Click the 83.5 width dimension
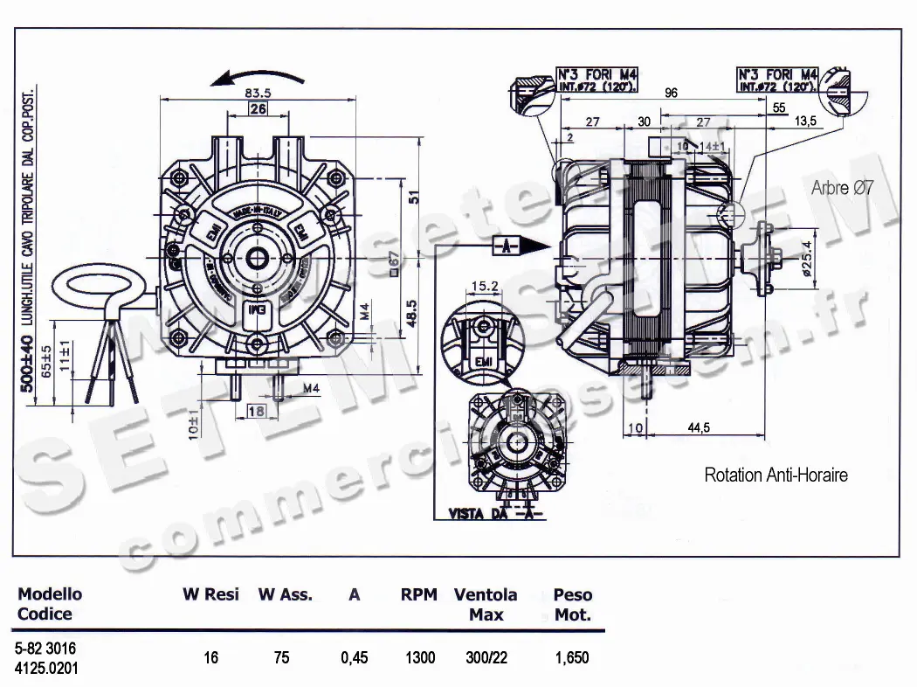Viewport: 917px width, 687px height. click(x=259, y=92)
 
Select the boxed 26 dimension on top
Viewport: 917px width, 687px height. click(x=258, y=109)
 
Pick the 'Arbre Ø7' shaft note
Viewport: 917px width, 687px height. click(x=842, y=187)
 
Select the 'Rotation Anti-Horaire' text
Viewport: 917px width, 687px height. click(x=776, y=475)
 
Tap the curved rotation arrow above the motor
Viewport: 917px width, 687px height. click(x=258, y=78)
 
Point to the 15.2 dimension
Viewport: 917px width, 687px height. click(x=485, y=286)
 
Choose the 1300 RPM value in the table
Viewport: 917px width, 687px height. click(x=419, y=657)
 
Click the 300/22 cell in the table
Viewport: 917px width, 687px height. click(x=485, y=657)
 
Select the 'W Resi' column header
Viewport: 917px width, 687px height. click(x=210, y=595)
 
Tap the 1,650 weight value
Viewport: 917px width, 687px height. click(x=572, y=657)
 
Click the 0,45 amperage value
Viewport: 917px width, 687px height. click(x=354, y=657)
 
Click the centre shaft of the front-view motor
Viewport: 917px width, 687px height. click(x=259, y=259)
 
